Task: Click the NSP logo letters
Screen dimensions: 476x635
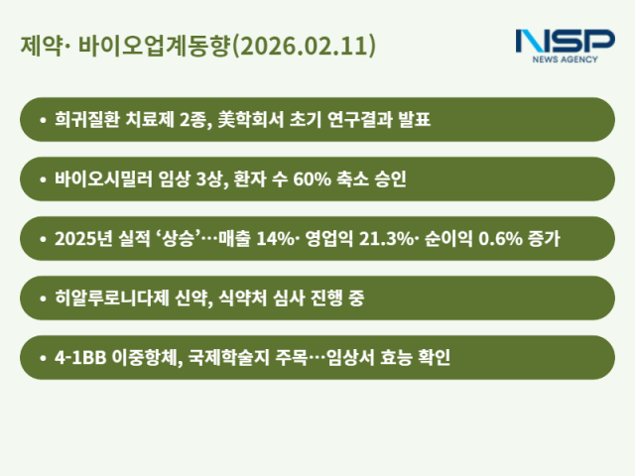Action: point(566,42)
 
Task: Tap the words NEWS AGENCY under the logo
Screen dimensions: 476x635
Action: point(567,59)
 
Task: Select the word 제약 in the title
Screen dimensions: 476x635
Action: point(37,47)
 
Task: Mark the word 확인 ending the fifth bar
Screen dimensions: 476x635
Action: point(434,357)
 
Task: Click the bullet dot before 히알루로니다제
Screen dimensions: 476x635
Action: point(43,297)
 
